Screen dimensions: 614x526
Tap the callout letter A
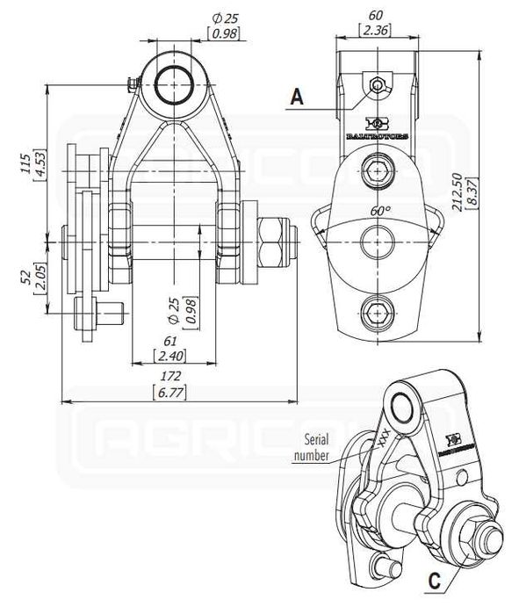tap(298, 98)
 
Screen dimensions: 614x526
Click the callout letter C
tap(434, 581)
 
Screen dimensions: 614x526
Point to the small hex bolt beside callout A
tap(376, 85)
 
